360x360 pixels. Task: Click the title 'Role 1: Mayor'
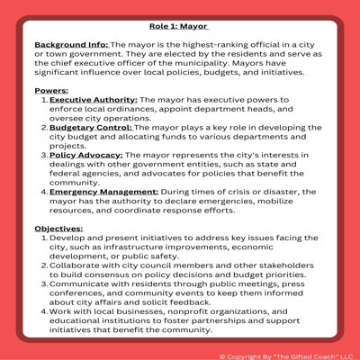click(180, 27)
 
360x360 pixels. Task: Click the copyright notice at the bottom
click(287, 355)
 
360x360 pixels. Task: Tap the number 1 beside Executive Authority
click(43, 103)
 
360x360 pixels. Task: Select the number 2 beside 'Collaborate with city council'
click(43, 266)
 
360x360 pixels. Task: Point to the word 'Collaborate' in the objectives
click(79, 266)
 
